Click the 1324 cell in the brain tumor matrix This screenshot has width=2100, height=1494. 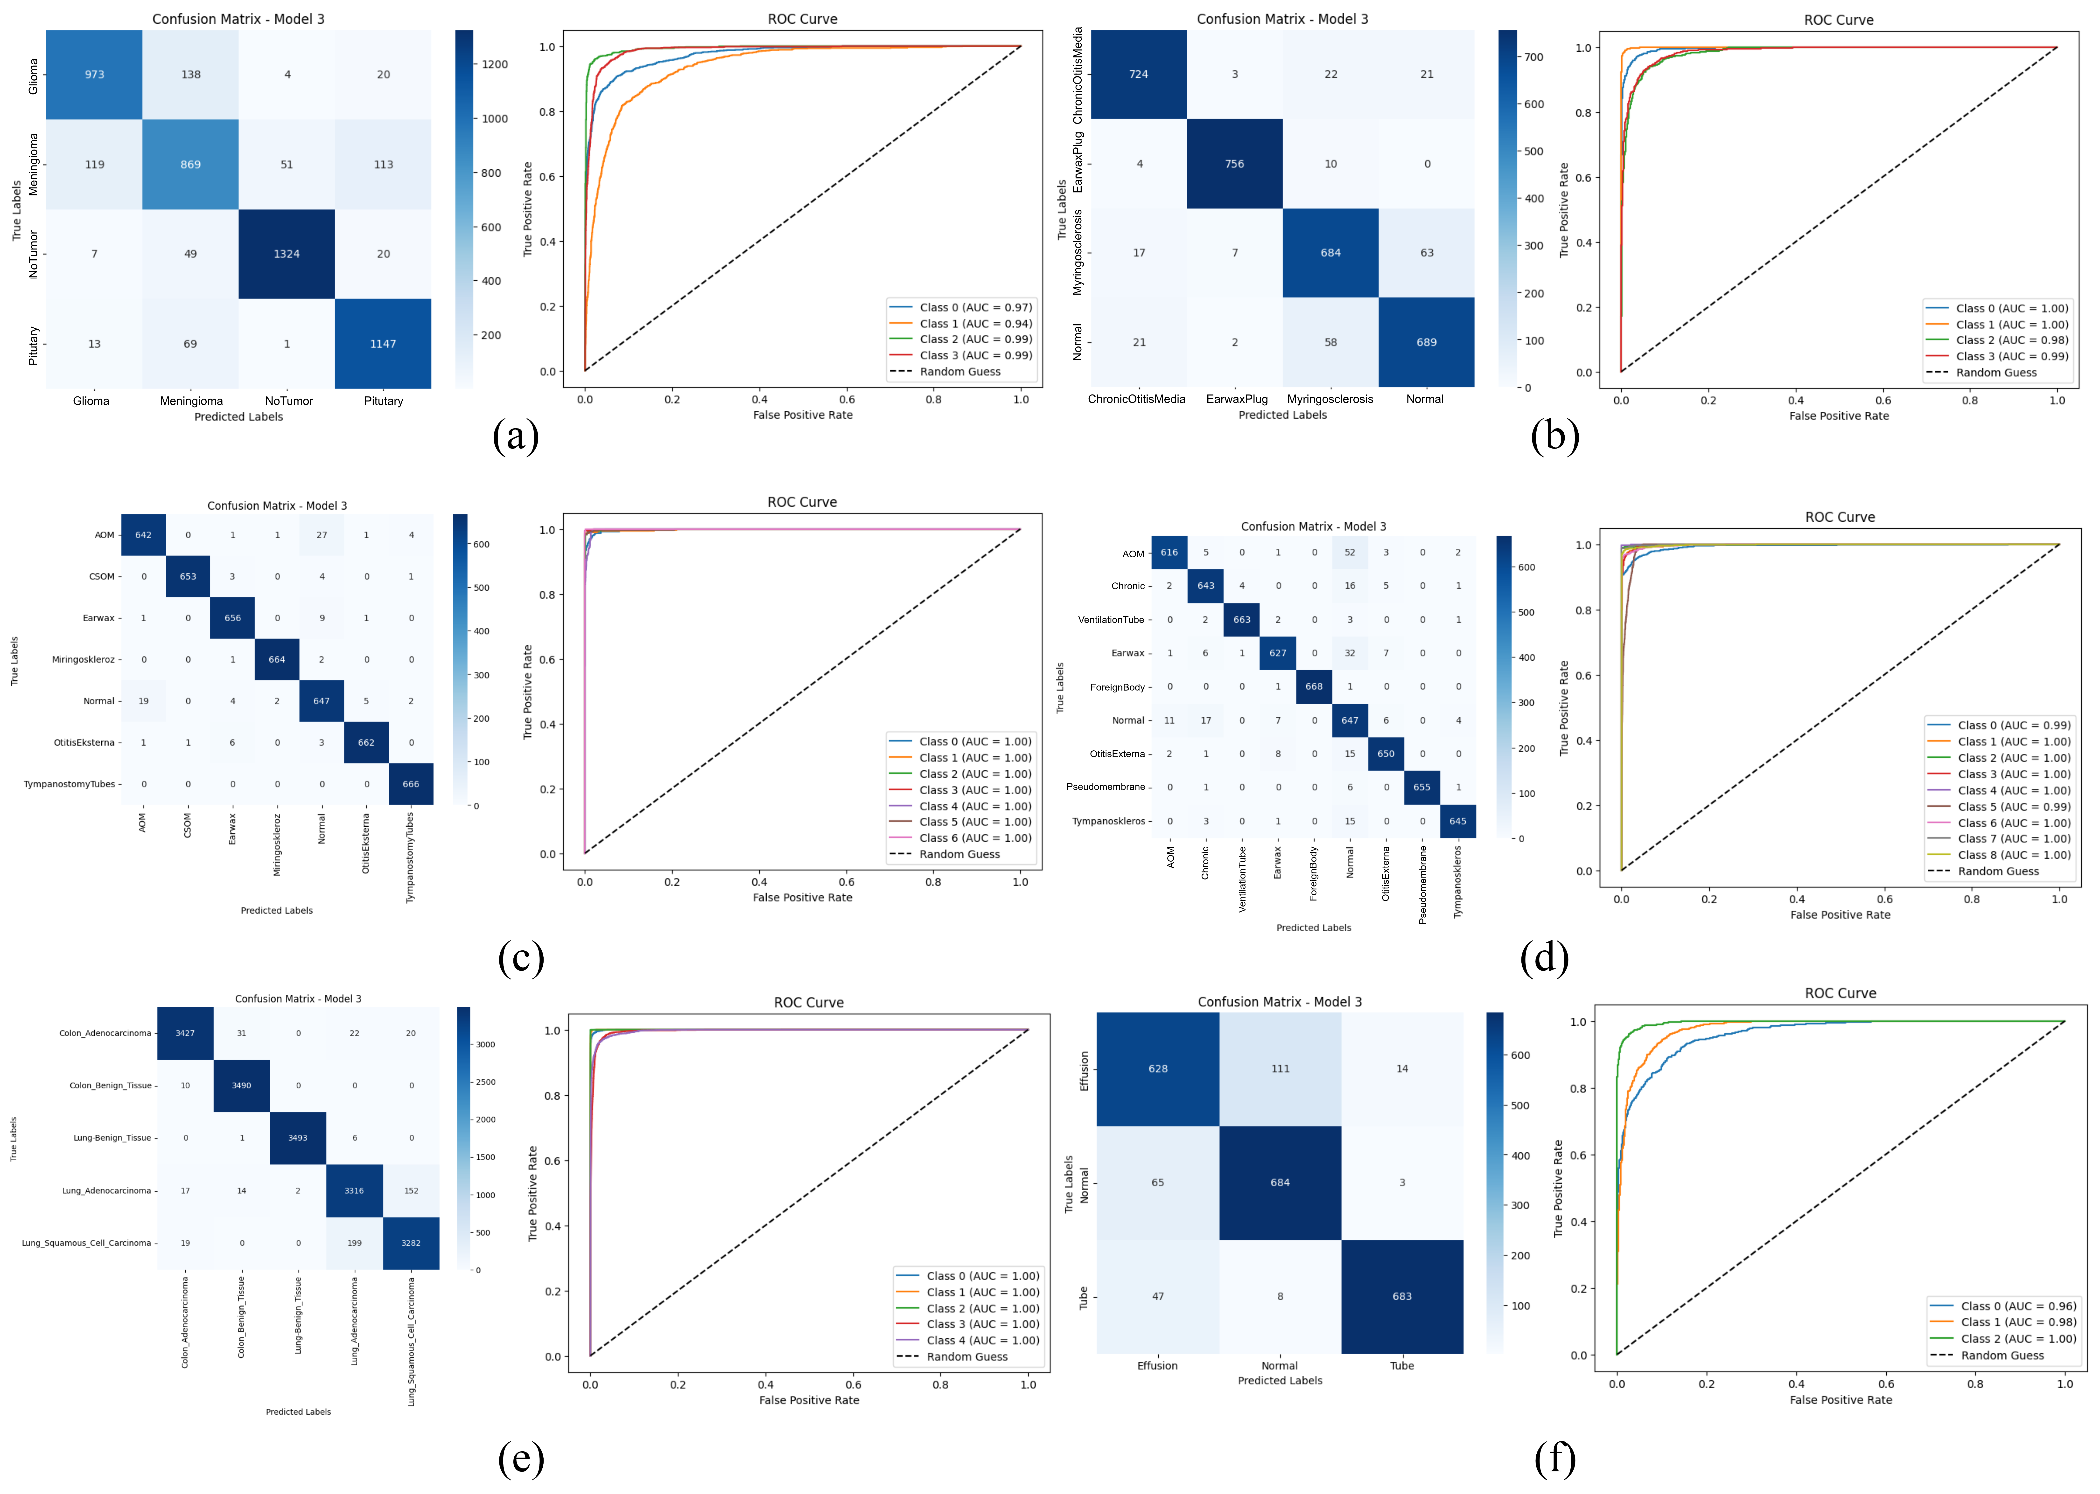[286, 254]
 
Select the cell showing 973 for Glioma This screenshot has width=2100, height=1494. [95, 75]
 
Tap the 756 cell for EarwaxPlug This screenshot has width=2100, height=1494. [1234, 164]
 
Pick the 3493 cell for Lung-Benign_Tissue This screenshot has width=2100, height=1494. [297, 1138]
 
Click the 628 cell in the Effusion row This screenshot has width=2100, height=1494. [1158, 1069]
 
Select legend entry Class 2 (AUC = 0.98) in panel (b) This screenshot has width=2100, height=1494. [2012, 340]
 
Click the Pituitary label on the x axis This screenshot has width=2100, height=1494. [384, 401]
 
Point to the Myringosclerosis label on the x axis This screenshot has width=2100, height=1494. [1330, 399]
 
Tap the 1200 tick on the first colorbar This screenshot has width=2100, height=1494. [495, 64]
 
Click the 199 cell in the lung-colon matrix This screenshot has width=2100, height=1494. [354, 1243]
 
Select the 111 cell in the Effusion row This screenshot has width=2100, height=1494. [1280, 1069]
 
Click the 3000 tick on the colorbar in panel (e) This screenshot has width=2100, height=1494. [485, 1045]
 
